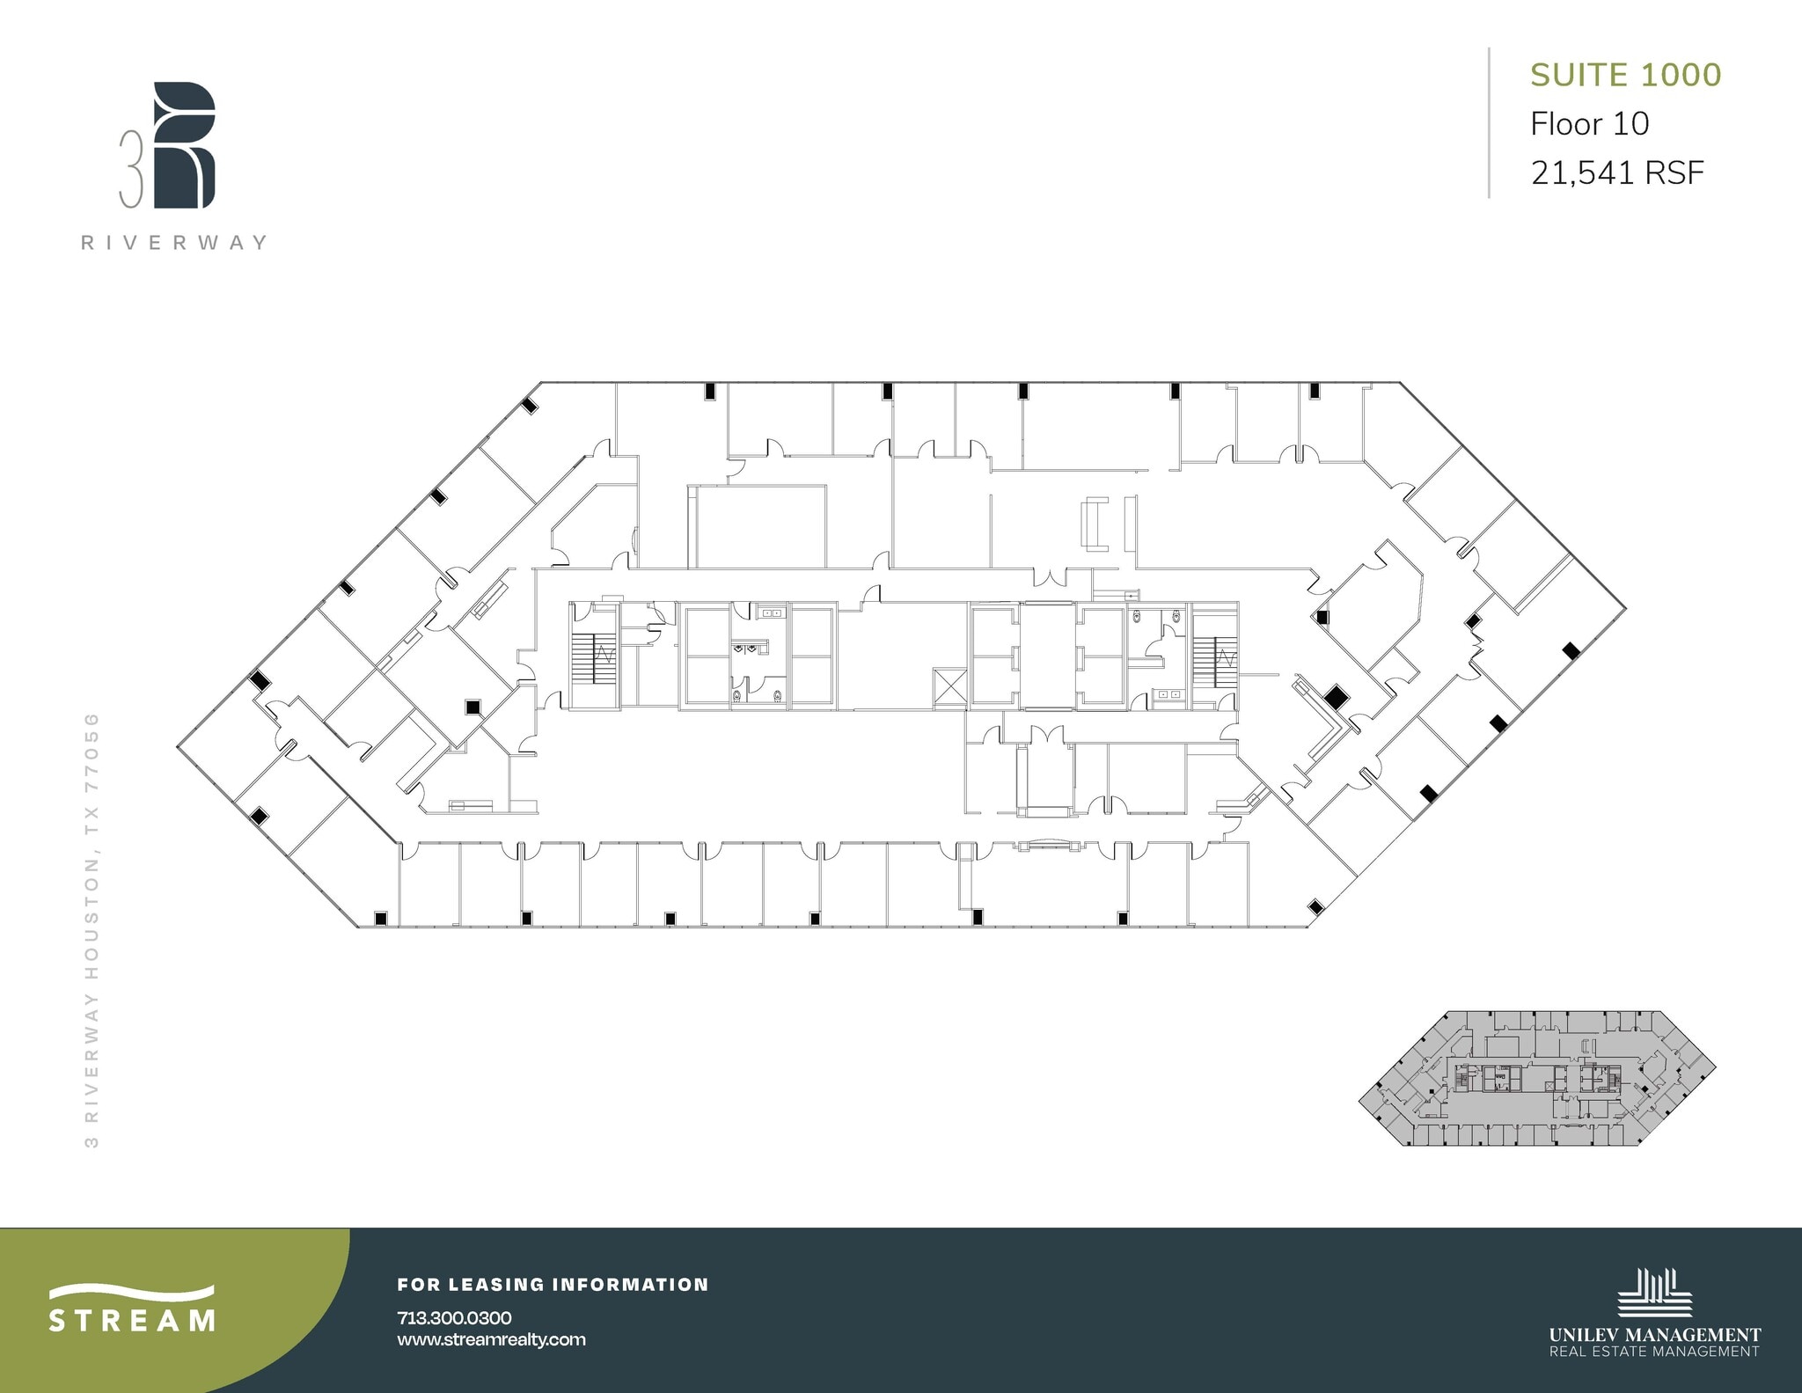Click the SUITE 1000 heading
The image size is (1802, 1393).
pyautogui.click(x=1625, y=75)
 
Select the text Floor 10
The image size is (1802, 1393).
pyautogui.click(x=1589, y=124)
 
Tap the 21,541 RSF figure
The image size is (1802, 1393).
pyautogui.click(x=1617, y=172)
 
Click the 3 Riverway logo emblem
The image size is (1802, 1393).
pyautogui.click(x=183, y=145)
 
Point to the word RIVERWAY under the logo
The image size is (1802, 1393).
pyautogui.click(x=174, y=243)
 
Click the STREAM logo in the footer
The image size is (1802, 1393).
pyautogui.click(x=132, y=1309)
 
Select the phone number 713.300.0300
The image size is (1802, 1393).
pyautogui.click(x=454, y=1317)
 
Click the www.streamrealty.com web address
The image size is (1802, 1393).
pyautogui.click(x=491, y=1339)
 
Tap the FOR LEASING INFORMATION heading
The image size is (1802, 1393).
pyautogui.click(x=553, y=1285)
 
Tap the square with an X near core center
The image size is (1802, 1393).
pyautogui.click(x=949, y=686)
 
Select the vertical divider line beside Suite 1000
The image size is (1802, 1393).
pyautogui.click(x=1489, y=123)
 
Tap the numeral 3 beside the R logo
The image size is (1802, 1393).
pyautogui.click(x=131, y=170)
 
